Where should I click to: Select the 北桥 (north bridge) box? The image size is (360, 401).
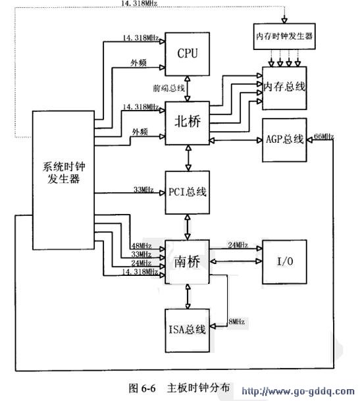pos(188,122)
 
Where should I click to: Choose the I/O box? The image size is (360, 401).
pos(285,261)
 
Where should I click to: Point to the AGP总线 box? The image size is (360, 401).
pos(284,139)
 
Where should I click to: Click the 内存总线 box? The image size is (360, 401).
pos(284,87)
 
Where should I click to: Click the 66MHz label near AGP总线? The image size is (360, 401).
pos(324,136)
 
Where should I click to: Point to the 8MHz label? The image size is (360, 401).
pos(236,322)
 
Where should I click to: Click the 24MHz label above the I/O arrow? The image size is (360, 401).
pos(238,245)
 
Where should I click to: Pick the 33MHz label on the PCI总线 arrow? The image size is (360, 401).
pos(143,190)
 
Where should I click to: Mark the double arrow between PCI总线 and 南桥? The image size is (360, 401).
pos(188,227)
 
